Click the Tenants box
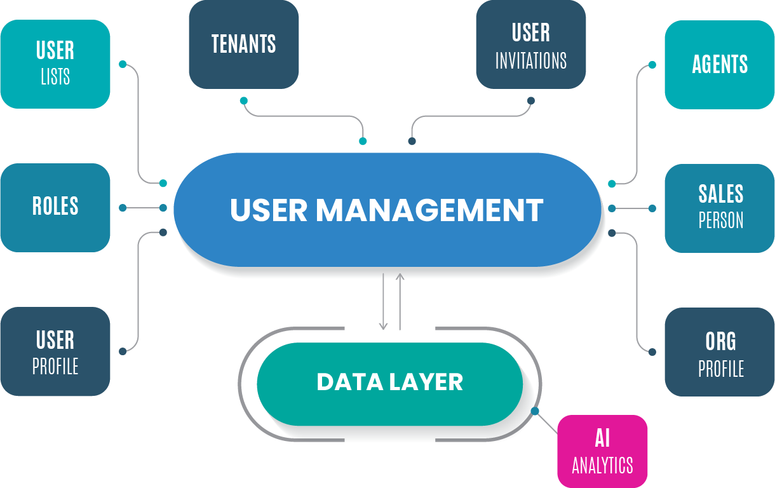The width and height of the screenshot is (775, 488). pos(244,44)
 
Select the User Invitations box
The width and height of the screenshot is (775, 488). pos(530,44)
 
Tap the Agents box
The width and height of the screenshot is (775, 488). pos(720,64)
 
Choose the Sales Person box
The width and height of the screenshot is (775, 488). pos(720,208)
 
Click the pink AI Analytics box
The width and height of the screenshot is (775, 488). pos(602,452)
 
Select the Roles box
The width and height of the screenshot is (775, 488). pos(55,207)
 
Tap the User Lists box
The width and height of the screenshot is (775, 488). pos(55,64)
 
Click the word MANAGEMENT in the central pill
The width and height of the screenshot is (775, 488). pos(429,210)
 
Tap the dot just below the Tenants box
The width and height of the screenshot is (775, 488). pos(243,100)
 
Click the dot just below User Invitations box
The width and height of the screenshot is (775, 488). pos(531,100)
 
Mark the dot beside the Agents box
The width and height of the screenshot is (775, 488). pos(652,64)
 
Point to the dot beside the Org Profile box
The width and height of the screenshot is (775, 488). pos(652,351)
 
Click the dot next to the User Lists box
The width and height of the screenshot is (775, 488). pos(123,64)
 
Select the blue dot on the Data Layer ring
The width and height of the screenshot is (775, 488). pos(535,411)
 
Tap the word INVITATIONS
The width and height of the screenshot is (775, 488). pos(530,61)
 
